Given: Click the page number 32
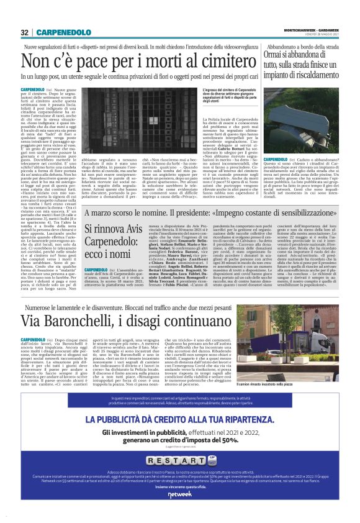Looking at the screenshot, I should click(24, 32).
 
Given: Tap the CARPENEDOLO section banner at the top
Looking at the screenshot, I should click(63, 32).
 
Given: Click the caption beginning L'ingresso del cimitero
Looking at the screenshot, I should click(220, 96).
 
